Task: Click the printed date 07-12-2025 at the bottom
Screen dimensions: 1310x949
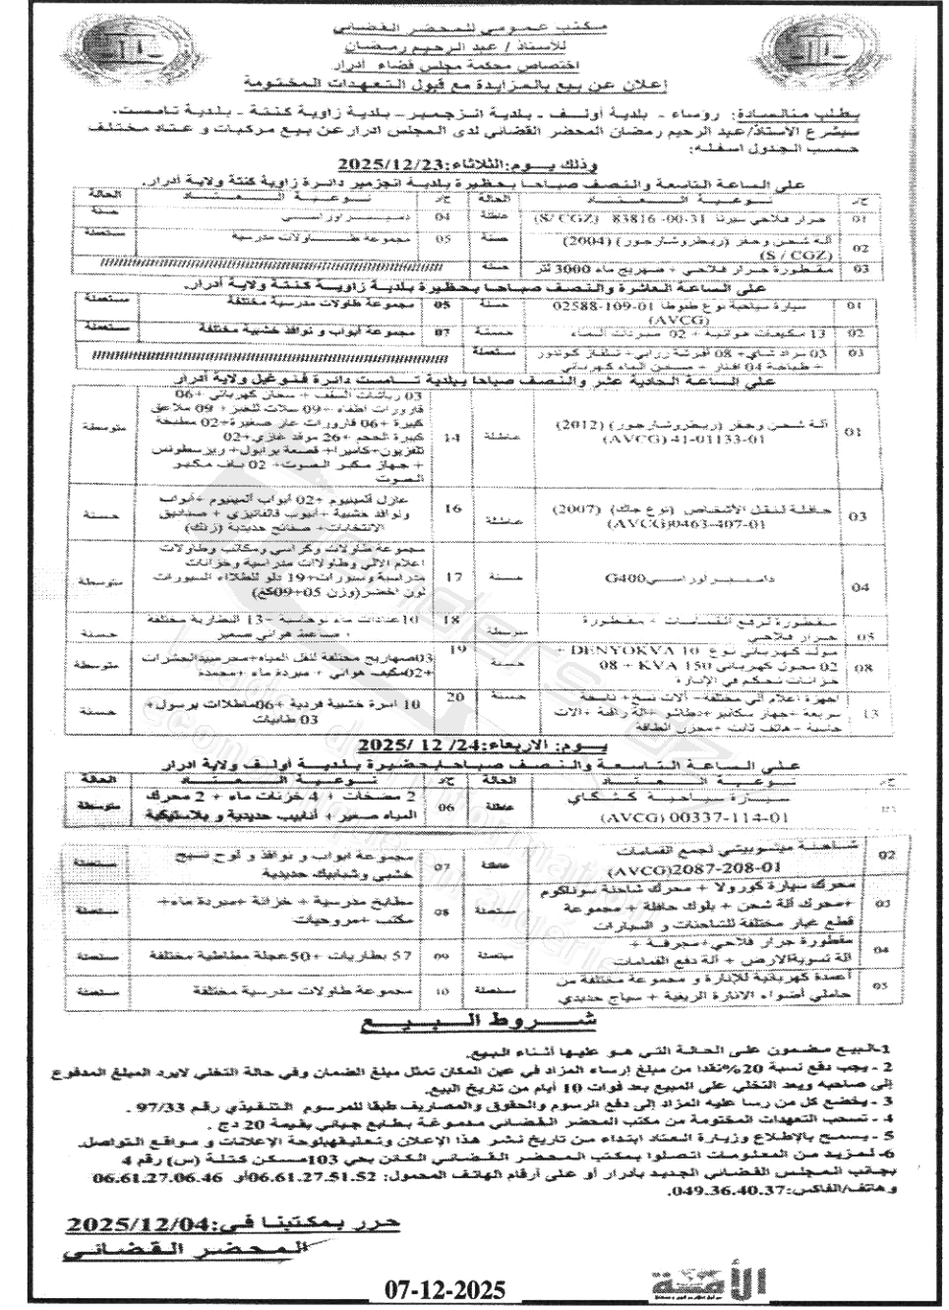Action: pyautogui.click(x=443, y=1289)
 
